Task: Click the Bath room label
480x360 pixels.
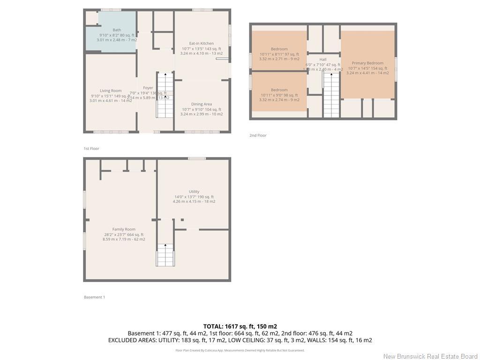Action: [x=117, y=30]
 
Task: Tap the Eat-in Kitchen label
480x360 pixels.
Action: [x=201, y=44]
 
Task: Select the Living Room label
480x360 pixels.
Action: [x=111, y=91]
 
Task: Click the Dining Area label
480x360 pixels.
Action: [x=202, y=104]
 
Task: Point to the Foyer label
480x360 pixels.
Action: [x=148, y=88]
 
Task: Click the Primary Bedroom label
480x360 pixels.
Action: [x=367, y=63]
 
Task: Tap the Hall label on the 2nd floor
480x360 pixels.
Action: [x=323, y=60]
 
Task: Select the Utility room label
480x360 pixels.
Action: [x=194, y=192]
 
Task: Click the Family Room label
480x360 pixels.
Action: [x=124, y=229]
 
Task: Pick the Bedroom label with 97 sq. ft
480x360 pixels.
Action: [x=279, y=49]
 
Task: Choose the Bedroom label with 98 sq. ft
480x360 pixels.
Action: [x=279, y=90]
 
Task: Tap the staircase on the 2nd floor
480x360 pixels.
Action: [x=331, y=96]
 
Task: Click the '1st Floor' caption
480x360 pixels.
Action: [x=91, y=149]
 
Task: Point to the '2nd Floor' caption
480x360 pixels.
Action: [x=258, y=135]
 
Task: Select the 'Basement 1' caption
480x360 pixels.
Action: [x=94, y=297]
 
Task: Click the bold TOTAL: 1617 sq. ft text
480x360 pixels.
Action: [x=240, y=326]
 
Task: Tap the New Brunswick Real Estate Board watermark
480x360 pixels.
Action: [x=430, y=356]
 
